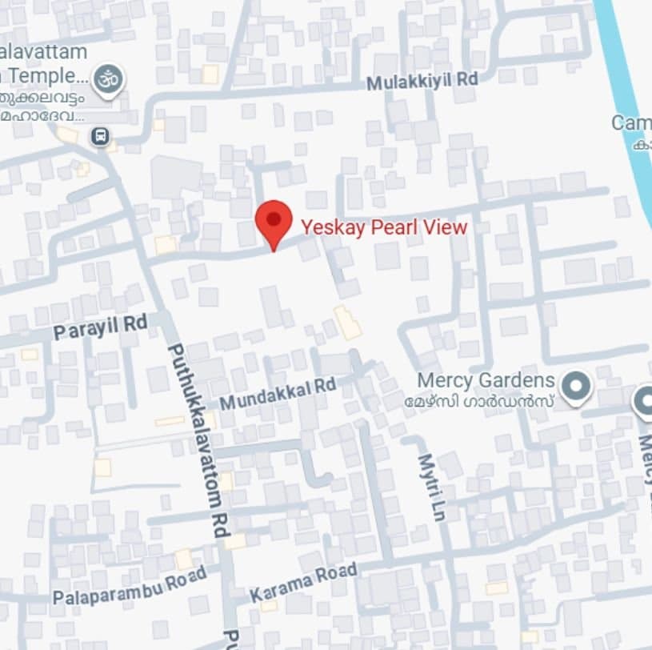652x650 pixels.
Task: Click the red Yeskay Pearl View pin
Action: click(274, 222)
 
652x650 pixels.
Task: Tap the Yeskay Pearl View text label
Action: click(384, 227)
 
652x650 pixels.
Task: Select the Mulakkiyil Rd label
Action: click(422, 81)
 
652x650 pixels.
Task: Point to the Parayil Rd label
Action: click(101, 327)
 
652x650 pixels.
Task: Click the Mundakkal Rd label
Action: click(278, 392)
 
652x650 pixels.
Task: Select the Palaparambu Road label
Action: click(130, 586)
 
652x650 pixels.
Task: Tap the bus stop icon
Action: click(99, 136)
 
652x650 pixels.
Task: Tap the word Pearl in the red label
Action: click(391, 227)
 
